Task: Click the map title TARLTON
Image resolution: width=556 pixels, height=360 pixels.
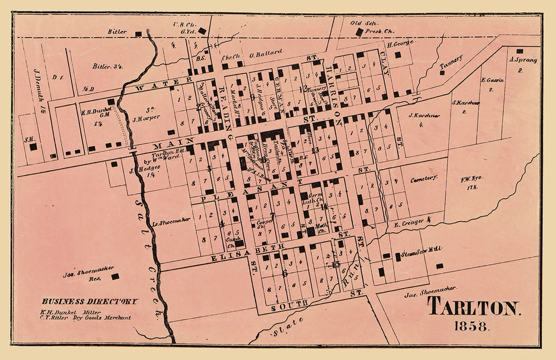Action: coord(474,308)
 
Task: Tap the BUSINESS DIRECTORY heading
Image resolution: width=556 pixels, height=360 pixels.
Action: coord(90,301)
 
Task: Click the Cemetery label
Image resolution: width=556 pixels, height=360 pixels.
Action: coord(424,178)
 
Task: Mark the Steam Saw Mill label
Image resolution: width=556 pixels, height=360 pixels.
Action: coord(421,249)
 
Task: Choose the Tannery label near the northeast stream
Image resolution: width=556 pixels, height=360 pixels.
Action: coord(451,64)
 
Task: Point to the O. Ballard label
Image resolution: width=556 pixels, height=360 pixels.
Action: coord(266,52)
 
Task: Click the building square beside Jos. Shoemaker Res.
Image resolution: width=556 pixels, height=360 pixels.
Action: coord(115,276)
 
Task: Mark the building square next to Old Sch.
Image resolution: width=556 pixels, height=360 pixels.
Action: coord(360,32)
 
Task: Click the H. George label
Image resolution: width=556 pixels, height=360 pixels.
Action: coord(400,44)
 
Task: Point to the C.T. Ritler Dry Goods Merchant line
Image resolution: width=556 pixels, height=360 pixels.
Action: coord(85,317)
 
